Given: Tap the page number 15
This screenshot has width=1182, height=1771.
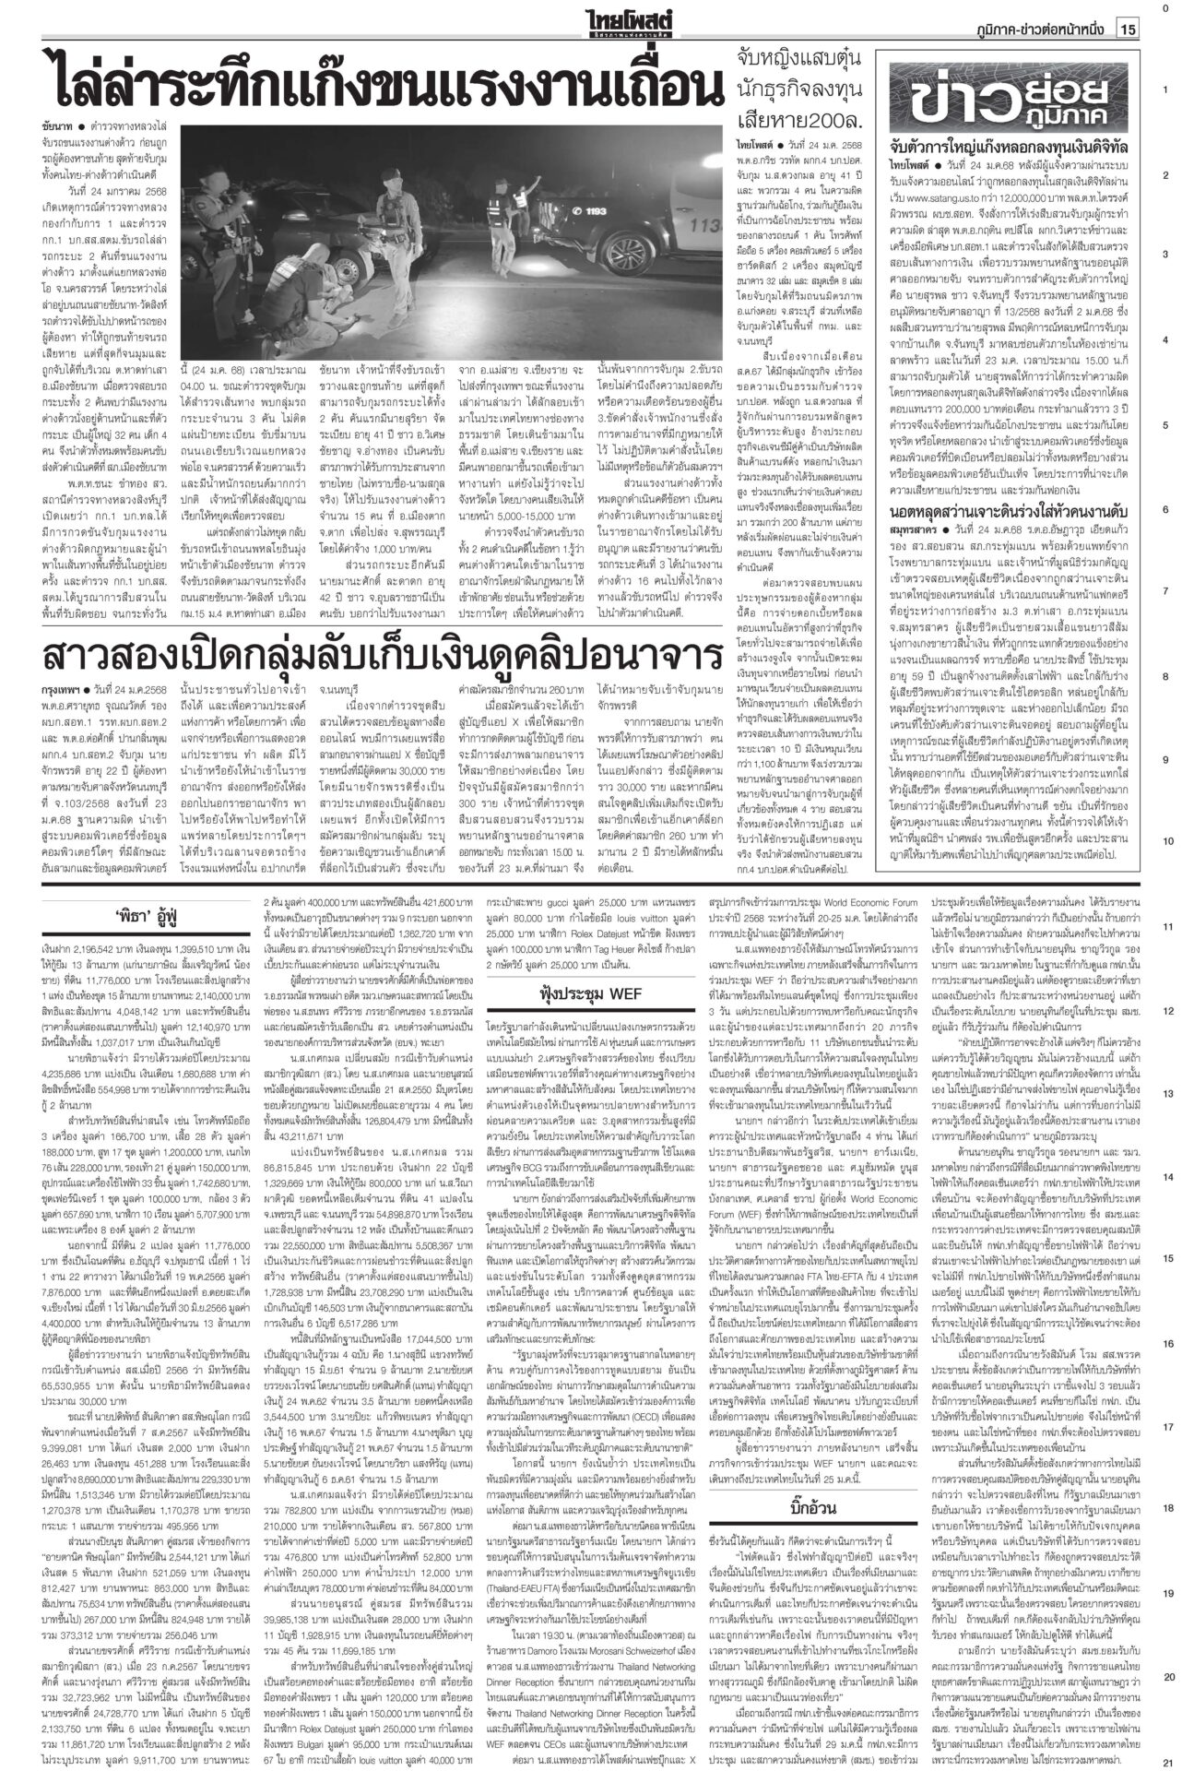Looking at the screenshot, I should click(x=1128, y=30).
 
